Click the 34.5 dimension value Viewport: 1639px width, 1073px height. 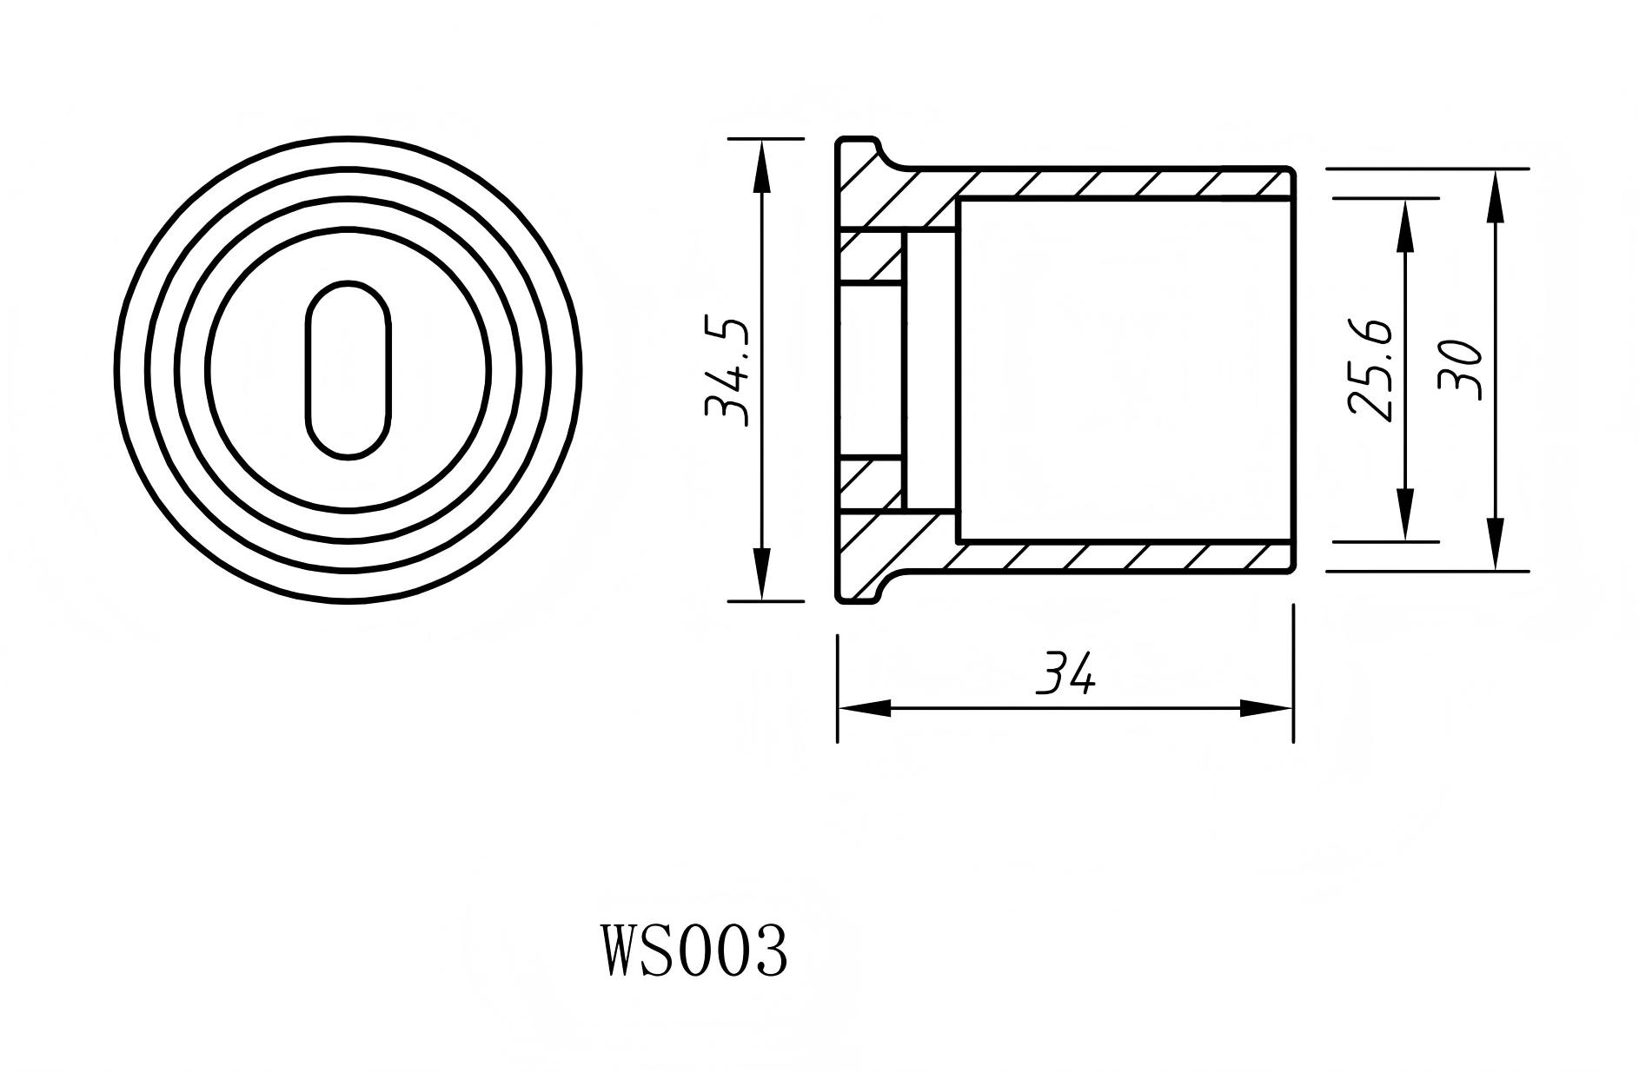point(727,372)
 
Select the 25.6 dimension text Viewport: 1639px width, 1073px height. point(1370,370)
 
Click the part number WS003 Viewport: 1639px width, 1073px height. point(694,950)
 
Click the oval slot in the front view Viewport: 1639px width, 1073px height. point(348,370)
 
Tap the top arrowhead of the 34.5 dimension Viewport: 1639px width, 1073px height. point(762,165)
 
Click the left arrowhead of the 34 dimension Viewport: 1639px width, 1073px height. point(864,709)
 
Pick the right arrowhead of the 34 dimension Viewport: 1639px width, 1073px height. point(1267,709)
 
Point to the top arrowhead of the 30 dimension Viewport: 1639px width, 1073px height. point(1495,195)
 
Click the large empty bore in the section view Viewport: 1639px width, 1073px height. point(1121,370)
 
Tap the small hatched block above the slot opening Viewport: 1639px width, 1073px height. point(871,257)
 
